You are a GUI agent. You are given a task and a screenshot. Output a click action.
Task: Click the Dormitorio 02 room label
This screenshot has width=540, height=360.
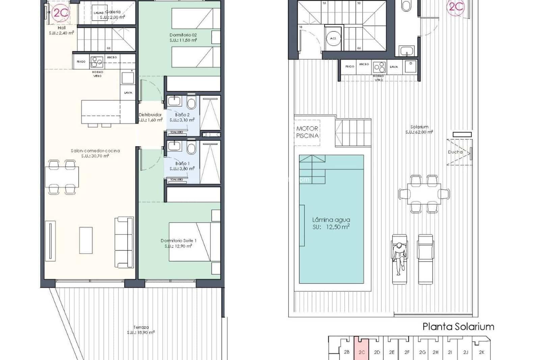click(183, 37)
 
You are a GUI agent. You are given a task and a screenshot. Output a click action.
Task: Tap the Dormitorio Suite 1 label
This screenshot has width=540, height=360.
click(178, 243)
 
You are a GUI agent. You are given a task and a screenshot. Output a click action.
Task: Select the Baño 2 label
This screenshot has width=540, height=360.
click(182, 117)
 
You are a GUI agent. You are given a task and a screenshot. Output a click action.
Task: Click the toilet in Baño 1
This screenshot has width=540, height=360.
click(191, 148)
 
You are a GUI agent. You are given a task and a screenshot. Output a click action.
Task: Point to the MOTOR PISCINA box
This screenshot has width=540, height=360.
click(307, 132)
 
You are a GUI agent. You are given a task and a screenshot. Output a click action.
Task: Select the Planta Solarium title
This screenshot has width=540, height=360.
click(458, 327)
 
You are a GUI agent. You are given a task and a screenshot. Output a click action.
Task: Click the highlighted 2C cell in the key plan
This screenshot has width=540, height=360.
click(361, 352)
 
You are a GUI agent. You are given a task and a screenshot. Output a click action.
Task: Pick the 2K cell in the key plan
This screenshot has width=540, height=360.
click(482, 352)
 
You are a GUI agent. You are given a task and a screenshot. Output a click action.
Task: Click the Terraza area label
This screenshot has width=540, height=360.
click(141, 330)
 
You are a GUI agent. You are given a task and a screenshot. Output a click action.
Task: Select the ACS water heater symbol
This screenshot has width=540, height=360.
click(333, 38)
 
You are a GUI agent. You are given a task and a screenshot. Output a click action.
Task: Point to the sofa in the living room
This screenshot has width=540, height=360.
click(124, 242)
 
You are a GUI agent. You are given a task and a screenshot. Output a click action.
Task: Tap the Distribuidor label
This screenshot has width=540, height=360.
click(150, 117)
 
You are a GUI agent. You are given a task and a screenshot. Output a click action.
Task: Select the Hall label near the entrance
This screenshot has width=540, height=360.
click(61, 30)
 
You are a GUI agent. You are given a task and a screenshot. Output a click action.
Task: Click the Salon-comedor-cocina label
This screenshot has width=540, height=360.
click(95, 153)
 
